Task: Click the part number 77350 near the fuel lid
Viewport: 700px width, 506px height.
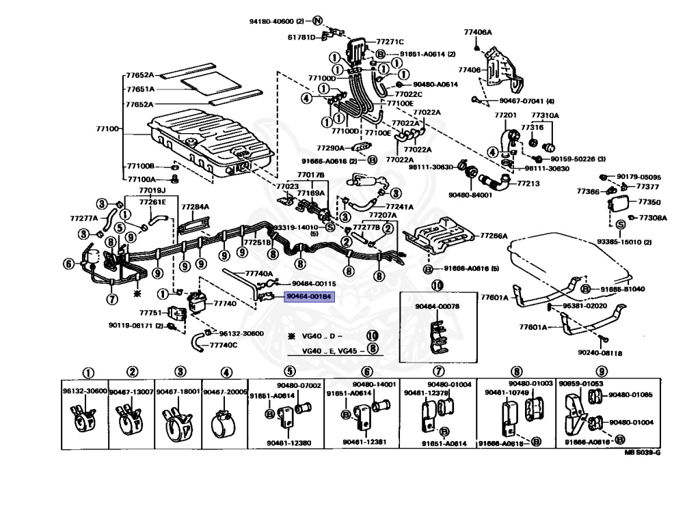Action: [649, 202]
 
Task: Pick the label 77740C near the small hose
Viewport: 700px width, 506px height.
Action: [224, 345]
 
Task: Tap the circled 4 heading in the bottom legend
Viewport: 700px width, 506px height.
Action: [226, 373]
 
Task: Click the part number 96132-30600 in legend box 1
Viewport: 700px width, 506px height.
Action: [85, 391]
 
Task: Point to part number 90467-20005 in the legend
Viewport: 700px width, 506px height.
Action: [225, 391]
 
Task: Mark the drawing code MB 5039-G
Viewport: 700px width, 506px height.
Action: [642, 453]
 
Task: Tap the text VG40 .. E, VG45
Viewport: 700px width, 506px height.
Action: [333, 350]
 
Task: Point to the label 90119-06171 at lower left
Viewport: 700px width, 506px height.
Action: [132, 326]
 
